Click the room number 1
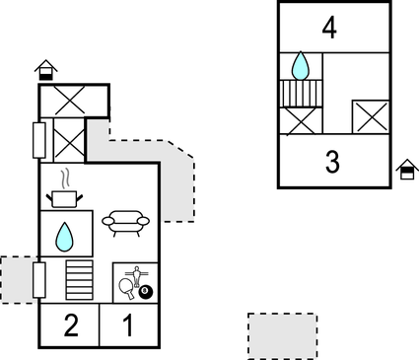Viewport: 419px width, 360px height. pos(128,325)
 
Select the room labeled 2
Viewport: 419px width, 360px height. pos(70,325)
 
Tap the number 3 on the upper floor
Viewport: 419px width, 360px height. pos(331,161)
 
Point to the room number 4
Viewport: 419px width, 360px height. pos(329,28)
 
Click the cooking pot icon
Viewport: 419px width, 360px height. pos(65,198)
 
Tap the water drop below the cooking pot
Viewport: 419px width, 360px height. pos(65,236)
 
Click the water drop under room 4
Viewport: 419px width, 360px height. pos(302,66)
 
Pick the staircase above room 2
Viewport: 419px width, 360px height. pos(79,279)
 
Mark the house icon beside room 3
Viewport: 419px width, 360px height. pos(407,171)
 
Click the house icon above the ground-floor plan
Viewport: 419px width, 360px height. pos(45,69)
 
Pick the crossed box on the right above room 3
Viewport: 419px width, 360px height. pos(371,116)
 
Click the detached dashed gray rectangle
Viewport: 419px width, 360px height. pos(282,335)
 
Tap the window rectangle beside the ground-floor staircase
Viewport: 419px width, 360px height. pos(39,280)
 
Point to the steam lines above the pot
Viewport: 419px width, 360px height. pos(65,180)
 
